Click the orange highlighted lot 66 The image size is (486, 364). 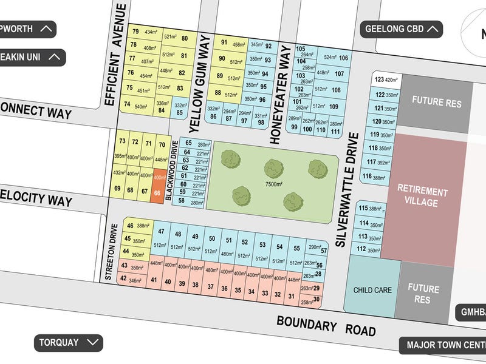click(158, 185)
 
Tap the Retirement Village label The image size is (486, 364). click(422, 197)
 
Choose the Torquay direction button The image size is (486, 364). click(67, 342)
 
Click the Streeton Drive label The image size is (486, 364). click(112, 249)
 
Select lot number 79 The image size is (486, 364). click(135, 32)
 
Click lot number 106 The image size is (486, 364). click(344, 58)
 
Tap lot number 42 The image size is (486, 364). click(123, 278)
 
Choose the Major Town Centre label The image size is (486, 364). click(445, 346)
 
